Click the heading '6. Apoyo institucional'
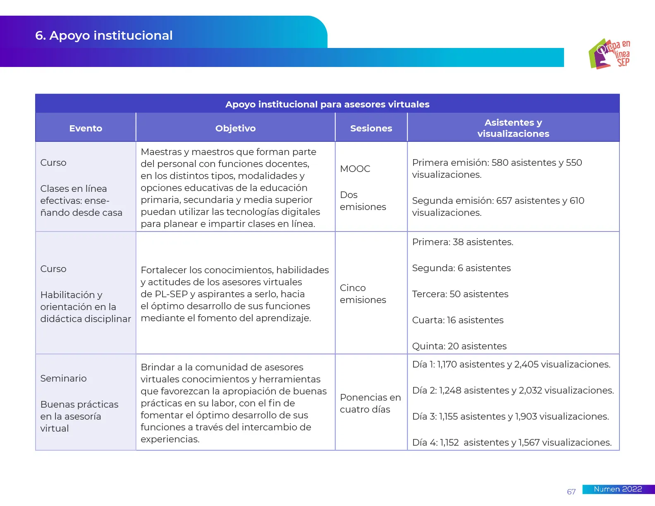104,36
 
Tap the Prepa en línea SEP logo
610,54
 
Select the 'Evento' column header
86,128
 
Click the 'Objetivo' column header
235,128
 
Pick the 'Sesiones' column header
371,128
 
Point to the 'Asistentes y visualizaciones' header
513,128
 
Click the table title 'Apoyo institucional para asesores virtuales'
327,104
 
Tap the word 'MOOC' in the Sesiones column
355,169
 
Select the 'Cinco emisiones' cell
363,294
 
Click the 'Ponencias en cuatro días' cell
370,403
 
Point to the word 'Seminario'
63,378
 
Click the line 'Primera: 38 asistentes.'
462,242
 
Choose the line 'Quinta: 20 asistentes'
459,346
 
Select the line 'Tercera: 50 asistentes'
460,294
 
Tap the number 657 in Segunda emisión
504,200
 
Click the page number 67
571,492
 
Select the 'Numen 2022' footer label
618,489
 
